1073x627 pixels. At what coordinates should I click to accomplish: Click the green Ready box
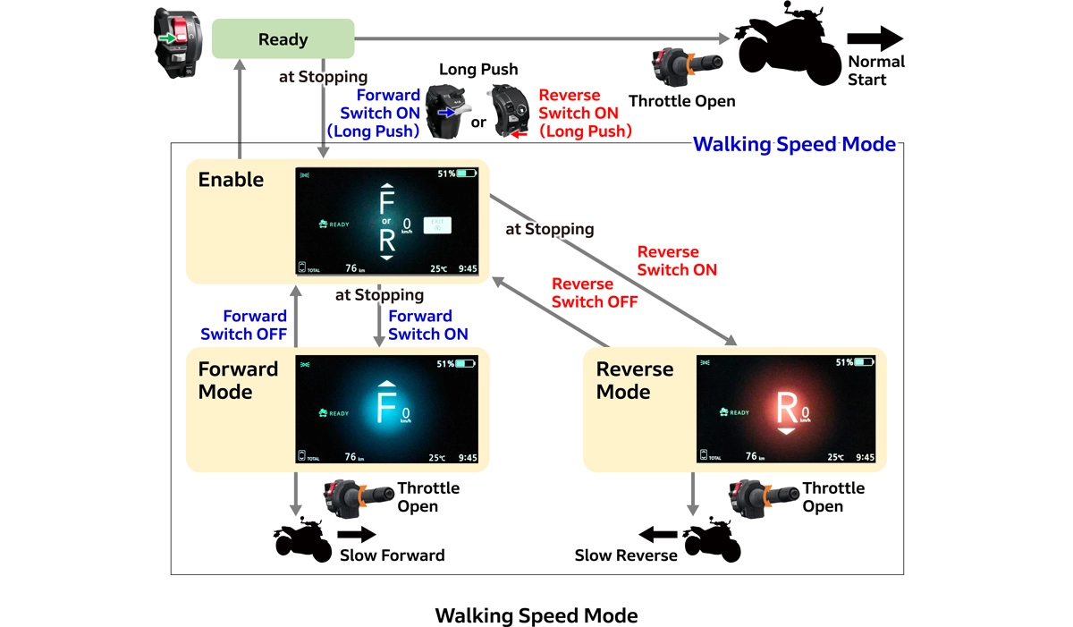[x=283, y=40]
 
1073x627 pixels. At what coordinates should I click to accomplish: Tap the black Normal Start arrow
[x=875, y=38]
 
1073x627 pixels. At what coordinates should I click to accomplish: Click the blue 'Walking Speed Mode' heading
[x=794, y=144]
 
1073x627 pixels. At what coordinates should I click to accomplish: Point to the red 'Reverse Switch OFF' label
[x=595, y=293]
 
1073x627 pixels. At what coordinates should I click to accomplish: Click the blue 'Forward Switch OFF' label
[x=243, y=326]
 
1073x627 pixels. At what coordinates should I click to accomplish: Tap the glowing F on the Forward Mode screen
[x=385, y=407]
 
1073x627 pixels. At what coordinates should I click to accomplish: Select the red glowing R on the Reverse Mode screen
[x=787, y=407]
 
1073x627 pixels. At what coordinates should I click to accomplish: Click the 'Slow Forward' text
[x=392, y=555]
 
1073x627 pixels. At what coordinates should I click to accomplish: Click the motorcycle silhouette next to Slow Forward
[x=302, y=538]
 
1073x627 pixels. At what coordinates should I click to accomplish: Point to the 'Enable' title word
[x=231, y=180]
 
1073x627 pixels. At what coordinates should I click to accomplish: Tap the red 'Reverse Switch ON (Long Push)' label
[x=585, y=114]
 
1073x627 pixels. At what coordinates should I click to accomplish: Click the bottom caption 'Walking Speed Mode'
[x=536, y=615]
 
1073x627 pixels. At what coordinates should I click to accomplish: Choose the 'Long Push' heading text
[x=478, y=70]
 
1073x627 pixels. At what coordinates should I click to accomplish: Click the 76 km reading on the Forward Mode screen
[x=354, y=457]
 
